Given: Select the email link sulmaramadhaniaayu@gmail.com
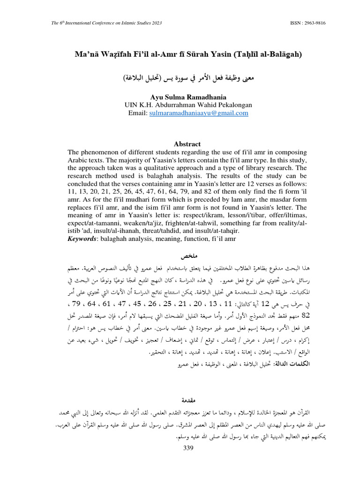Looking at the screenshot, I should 199,113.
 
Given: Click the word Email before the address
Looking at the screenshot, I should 138,113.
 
